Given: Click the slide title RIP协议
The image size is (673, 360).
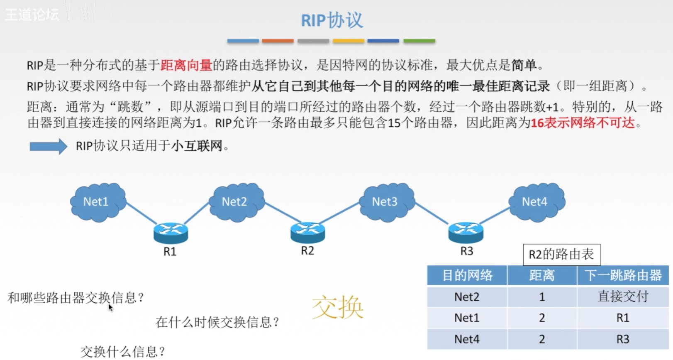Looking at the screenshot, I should pyautogui.click(x=332, y=20).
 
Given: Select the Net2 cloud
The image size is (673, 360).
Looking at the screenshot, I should pyautogui.click(x=236, y=202).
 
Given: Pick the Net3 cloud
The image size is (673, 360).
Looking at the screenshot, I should pyautogui.click(x=386, y=202).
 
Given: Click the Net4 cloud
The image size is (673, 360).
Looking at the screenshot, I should pyautogui.click(x=536, y=202).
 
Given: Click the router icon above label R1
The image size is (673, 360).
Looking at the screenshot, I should pyautogui.click(x=171, y=233).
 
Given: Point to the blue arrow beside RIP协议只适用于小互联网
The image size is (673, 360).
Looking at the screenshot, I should pyautogui.click(x=48, y=146).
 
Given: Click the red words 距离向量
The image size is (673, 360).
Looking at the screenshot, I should pyautogui.click(x=186, y=65).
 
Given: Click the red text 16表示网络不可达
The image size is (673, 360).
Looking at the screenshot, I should pyautogui.click(x=583, y=123).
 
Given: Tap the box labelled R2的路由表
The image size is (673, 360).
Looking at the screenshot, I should pyautogui.click(x=561, y=255).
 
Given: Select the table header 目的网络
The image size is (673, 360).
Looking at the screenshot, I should pyautogui.click(x=467, y=275).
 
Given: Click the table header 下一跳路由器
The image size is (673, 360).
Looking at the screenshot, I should pyautogui.click(x=622, y=275).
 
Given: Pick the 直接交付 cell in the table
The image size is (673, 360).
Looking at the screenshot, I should pyautogui.click(x=622, y=296).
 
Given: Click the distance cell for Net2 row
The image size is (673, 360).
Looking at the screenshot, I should pyautogui.click(x=541, y=296).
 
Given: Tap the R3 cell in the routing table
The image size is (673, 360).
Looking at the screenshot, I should pyautogui.click(x=622, y=339).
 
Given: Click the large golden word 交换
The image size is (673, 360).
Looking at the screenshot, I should pyautogui.click(x=337, y=308).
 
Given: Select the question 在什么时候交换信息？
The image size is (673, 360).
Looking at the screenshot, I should pyautogui.click(x=217, y=322).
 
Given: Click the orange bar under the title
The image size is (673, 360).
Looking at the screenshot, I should pyautogui.click(x=278, y=41).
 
